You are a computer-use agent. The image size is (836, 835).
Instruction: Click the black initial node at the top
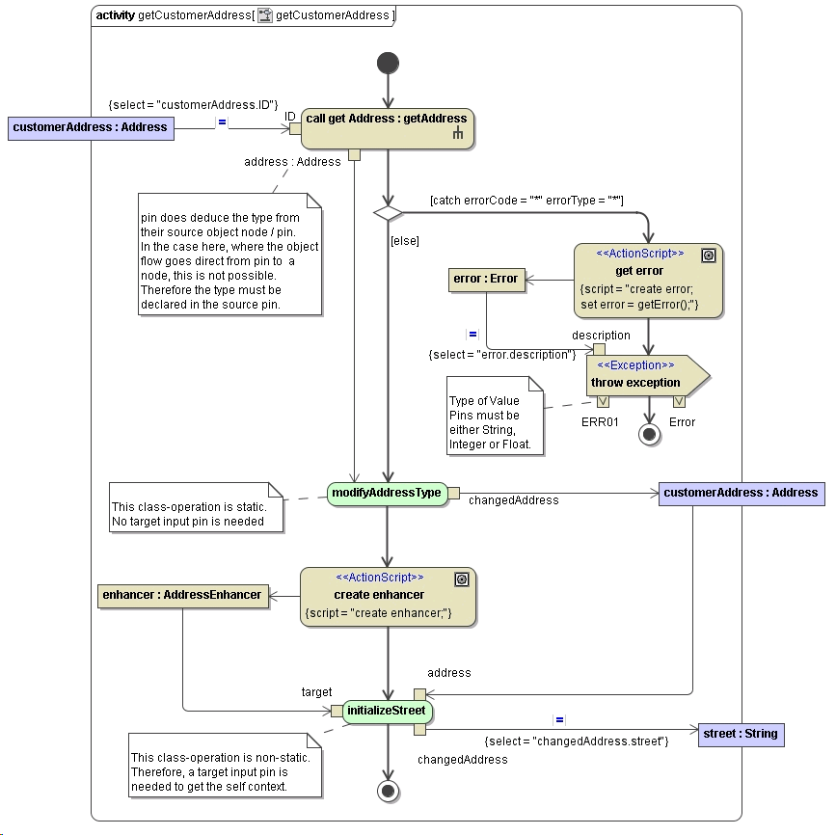[x=388, y=64]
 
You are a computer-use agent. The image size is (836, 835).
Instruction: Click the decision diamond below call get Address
[x=388, y=212]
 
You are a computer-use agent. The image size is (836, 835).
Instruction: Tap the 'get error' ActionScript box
[x=648, y=281]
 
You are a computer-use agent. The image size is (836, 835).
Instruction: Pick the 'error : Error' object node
[x=485, y=280]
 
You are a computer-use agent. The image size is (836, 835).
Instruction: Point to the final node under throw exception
[x=649, y=434]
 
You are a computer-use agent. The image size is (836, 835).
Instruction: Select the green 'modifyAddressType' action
[x=386, y=493]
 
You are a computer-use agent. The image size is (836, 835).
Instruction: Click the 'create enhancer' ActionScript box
[x=388, y=596]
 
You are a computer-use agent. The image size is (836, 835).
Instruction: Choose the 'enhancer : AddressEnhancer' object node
[x=182, y=595]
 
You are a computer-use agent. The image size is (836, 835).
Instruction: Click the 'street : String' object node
[x=740, y=734]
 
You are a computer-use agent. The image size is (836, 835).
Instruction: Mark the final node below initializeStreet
[x=388, y=791]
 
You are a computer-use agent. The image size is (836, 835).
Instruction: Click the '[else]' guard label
[x=405, y=241]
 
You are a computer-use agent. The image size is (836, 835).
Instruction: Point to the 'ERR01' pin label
[x=600, y=422]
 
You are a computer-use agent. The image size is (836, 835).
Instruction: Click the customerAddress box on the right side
[x=741, y=493]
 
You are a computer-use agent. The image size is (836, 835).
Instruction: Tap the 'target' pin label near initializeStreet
[x=316, y=692]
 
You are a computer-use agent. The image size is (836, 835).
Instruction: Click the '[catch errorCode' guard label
[x=526, y=200]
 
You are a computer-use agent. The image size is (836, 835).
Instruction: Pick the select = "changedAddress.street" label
[x=576, y=741]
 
